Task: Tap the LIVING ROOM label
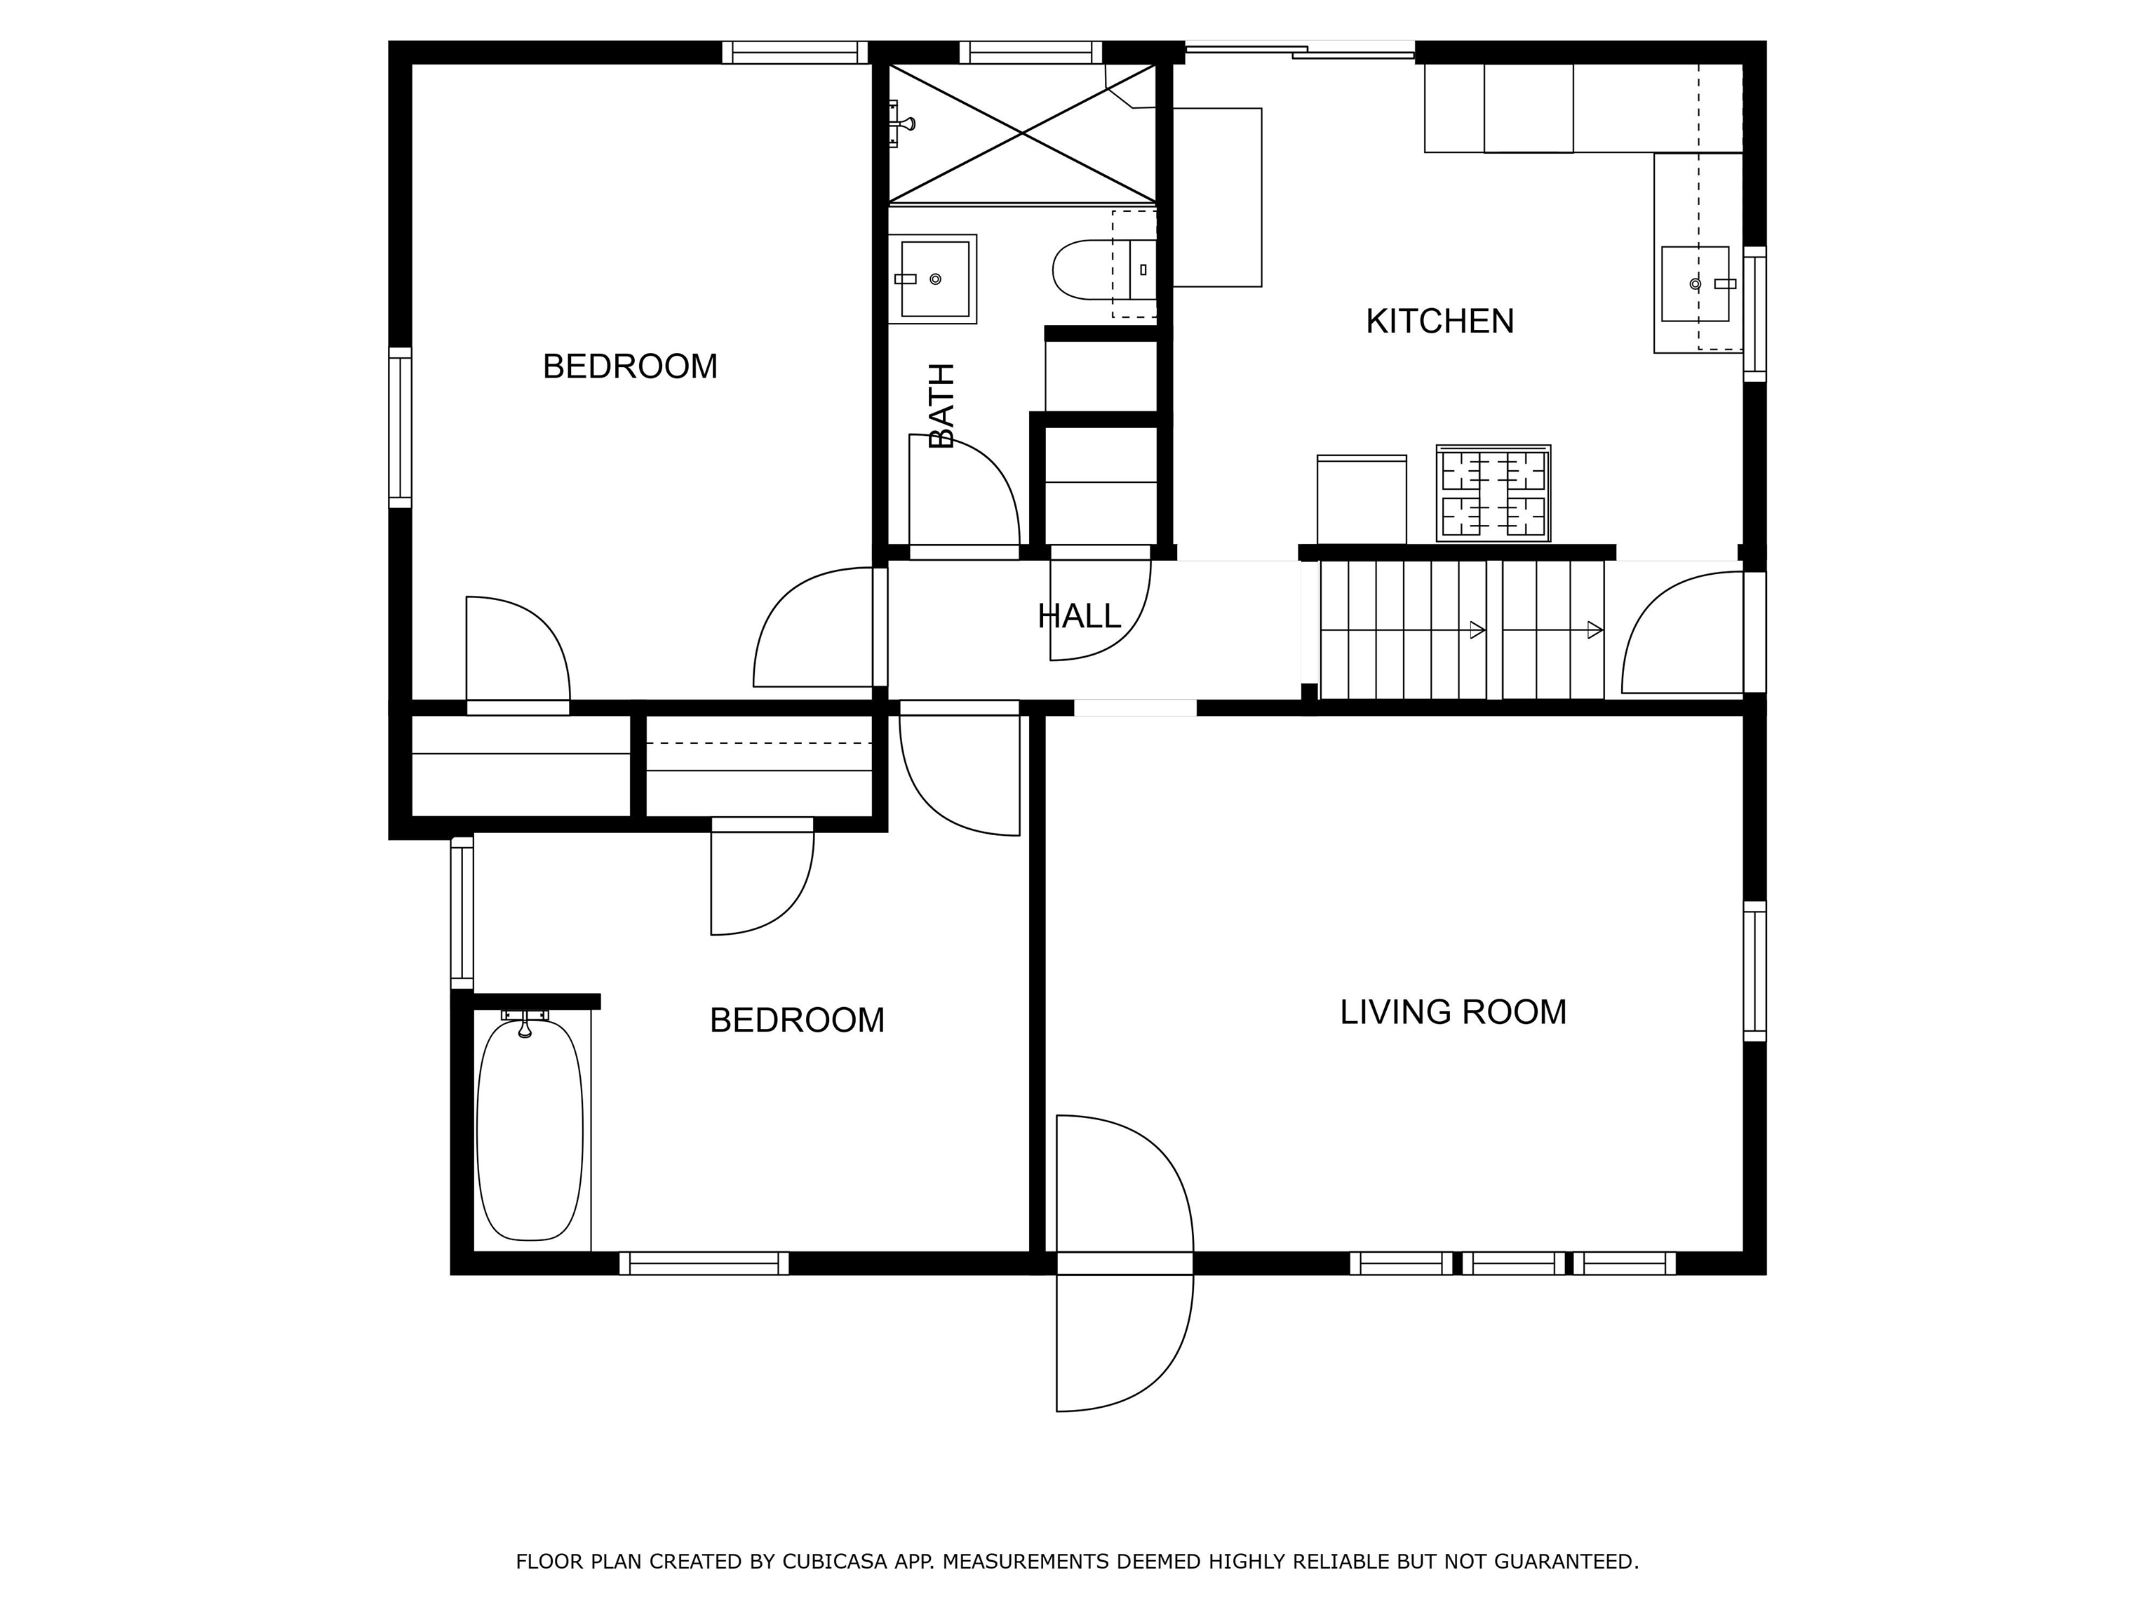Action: click(1453, 1013)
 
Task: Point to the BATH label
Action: click(942, 406)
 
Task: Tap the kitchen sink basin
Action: click(1695, 284)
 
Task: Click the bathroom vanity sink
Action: click(932, 279)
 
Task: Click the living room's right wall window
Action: click(1754, 971)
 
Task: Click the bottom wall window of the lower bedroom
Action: click(704, 1263)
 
